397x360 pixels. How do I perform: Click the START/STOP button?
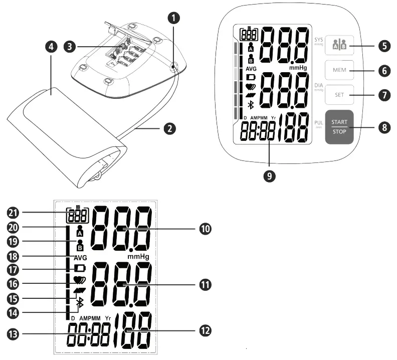pyautogui.click(x=342, y=126)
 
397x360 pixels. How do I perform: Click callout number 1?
pyautogui.click(x=173, y=19)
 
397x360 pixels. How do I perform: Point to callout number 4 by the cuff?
pyautogui.click(x=51, y=47)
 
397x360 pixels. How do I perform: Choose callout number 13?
pyautogui.click(x=14, y=333)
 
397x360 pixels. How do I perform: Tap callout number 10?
pyautogui.click(x=205, y=229)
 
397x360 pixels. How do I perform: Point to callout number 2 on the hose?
pyautogui.click(x=169, y=128)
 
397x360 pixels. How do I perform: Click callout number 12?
pyautogui.click(x=205, y=331)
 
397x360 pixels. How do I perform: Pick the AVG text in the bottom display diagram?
pyautogui.click(x=80, y=257)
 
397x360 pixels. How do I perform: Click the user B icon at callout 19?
pyautogui.click(x=80, y=245)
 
